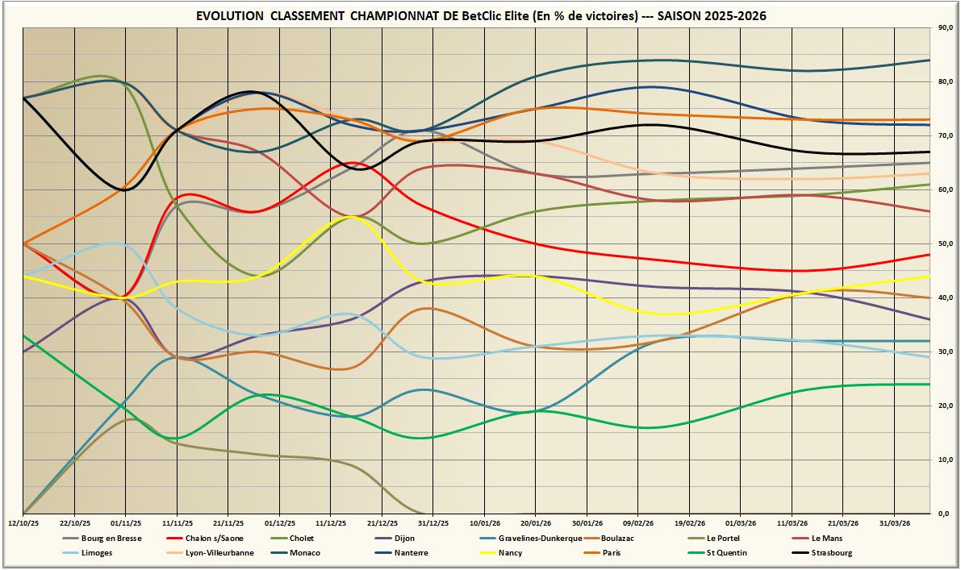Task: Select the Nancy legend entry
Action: click(x=510, y=552)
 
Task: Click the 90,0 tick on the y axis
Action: click(x=942, y=28)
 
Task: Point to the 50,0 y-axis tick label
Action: click(x=942, y=243)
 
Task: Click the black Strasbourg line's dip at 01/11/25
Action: click(x=125, y=189)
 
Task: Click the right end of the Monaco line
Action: click(x=929, y=60)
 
